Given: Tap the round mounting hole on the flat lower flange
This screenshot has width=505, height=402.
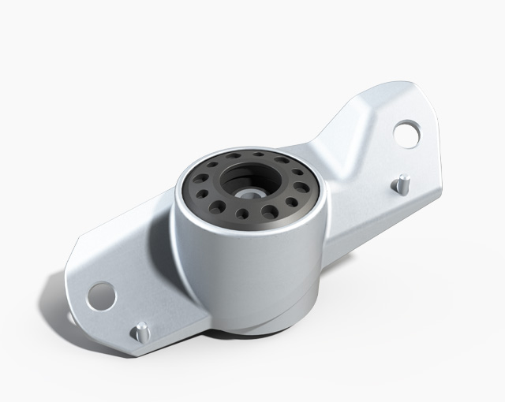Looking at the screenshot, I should pyautogui.click(x=102, y=295).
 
